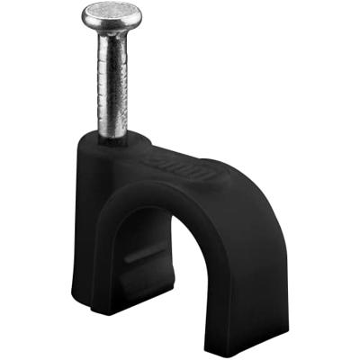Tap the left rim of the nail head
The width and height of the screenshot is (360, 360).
coord(85,14)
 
